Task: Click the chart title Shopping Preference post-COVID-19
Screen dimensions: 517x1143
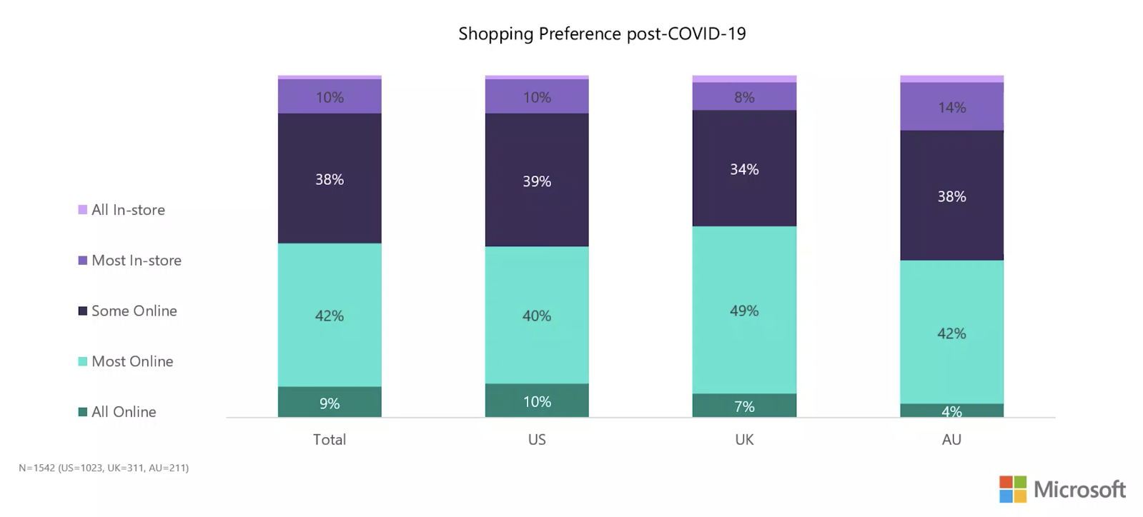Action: [x=602, y=34]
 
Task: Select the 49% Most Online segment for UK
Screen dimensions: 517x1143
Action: [x=744, y=310]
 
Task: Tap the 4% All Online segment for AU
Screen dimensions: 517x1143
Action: [x=951, y=411]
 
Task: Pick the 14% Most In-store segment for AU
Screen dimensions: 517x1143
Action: [x=951, y=106]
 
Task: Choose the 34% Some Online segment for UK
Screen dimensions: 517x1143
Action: [x=744, y=169]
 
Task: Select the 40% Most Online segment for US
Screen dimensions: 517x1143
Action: [x=537, y=315]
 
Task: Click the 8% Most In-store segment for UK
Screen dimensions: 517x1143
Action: [x=744, y=96]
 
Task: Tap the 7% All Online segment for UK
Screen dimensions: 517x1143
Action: [x=744, y=406]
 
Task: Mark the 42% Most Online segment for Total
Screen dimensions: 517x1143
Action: [x=330, y=315]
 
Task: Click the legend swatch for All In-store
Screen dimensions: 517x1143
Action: [x=83, y=210]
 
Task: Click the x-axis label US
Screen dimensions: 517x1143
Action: [x=537, y=440]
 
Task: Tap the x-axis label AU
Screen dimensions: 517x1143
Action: [x=951, y=440]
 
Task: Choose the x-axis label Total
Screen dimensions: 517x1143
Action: [x=330, y=440]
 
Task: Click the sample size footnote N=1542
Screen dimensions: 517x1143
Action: [x=104, y=468]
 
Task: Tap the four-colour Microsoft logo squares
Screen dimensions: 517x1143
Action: [x=1013, y=489]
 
